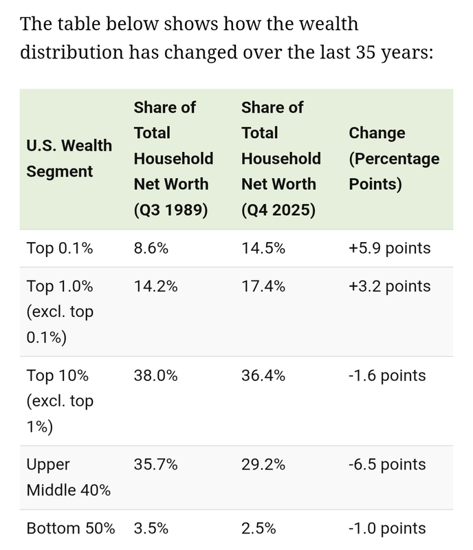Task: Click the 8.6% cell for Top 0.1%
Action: [151, 248]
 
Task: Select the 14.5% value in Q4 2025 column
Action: [263, 248]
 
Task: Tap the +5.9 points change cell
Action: [390, 248]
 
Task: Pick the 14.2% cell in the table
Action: [156, 286]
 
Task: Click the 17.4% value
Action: [263, 286]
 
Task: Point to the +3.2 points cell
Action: [390, 286]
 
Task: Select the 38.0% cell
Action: [156, 375]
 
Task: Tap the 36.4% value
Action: [263, 375]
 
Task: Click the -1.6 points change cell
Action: [387, 375]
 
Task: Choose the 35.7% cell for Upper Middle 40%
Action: [156, 465]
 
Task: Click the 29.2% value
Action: [263, 465]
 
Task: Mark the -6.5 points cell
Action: [387, 465]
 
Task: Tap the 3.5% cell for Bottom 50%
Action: [151, 529]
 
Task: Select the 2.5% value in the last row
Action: [258, 529]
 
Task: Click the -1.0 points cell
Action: [387, 529]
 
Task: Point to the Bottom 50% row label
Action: [71, 529]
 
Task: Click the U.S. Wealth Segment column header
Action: [69, 159]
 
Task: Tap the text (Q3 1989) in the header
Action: [171, 210]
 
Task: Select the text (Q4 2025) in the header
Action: [278, 210]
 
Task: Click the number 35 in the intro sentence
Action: [366, 52]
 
